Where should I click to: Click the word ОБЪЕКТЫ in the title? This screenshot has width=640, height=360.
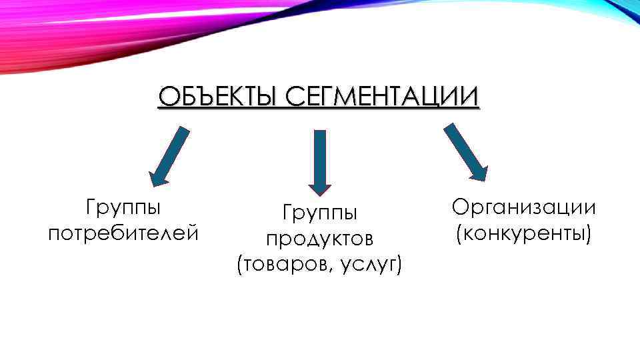[x=213, y=97]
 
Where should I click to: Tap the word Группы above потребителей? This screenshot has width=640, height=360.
[x=123, y=207]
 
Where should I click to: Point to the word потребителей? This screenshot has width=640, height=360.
[x=123, y=233]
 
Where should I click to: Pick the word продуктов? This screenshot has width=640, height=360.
[x=320, y=239]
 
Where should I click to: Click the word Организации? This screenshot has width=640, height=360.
[x=523, y=207]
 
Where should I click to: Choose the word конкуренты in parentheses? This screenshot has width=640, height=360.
[x=525, y=233]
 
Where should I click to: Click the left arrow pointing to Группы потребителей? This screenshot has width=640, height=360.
[x=169, y=156]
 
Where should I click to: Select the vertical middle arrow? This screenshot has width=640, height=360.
[x=320, y=160]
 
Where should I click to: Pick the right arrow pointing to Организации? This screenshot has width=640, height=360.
[x=466, y=152]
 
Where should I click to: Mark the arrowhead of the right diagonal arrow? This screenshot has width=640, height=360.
[x=478, y=173]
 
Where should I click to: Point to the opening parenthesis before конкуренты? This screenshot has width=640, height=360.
[x=459, y=234]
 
